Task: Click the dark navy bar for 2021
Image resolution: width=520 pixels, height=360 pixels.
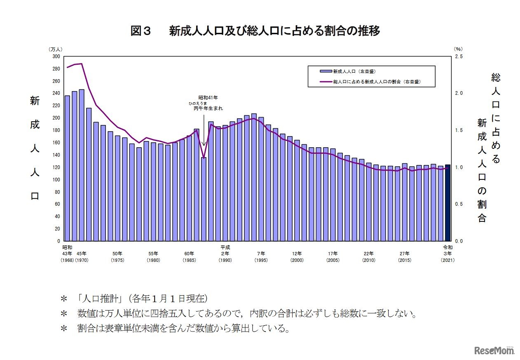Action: coord(447,203)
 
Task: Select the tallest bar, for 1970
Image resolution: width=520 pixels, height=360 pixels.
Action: coord(82,165)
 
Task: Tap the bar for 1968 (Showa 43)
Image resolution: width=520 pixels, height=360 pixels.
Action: coord(67,168)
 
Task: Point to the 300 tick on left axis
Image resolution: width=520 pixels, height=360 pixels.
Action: coord(57,56)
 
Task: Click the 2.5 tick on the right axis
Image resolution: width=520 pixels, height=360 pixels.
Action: coord(459,56)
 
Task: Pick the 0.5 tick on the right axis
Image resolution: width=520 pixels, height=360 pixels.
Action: coord(459,204)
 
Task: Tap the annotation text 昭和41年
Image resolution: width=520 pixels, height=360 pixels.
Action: coord(208,98)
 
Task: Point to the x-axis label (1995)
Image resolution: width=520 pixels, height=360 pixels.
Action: coord(261,261)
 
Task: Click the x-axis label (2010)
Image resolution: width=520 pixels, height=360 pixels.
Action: coord(368,261)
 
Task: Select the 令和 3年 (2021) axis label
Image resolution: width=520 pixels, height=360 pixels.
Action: coord(447,254)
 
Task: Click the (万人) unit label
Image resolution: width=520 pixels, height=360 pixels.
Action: coord(56,49)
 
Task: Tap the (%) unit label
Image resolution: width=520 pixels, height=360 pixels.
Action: coord(458,49)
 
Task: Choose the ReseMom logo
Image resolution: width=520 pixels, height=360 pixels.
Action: coord(494,351)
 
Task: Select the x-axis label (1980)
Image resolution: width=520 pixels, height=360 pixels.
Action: coord(153,261)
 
